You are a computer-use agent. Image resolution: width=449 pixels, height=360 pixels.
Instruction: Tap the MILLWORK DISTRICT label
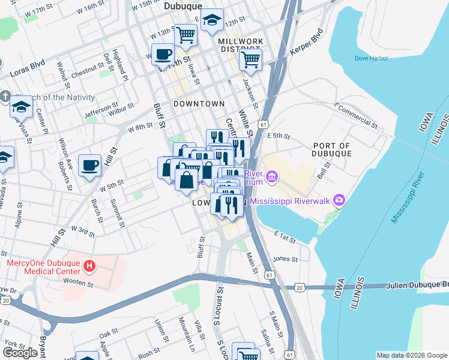[x=240, y=45]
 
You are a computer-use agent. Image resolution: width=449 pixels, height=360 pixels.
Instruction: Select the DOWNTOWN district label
[x=199, y=104]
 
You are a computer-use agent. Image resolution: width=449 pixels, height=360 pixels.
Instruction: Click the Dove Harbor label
[x=371, y=58]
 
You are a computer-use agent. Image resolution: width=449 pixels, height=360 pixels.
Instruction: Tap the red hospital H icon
[x=89, y=265]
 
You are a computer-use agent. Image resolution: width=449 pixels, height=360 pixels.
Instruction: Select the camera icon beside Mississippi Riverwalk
[x=339, y=200]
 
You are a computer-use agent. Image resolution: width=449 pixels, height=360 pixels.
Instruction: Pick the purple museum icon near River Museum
[x=272, y=176]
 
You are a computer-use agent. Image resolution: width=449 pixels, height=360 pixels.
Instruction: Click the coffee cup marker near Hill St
[x=90, y=164]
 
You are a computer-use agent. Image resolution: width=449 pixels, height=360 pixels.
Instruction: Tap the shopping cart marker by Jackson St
[x=250, y=59]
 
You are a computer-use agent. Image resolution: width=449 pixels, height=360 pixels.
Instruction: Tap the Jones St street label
[x=285, y=259]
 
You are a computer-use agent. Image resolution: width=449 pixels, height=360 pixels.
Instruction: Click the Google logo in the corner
[x=20, y=353]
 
